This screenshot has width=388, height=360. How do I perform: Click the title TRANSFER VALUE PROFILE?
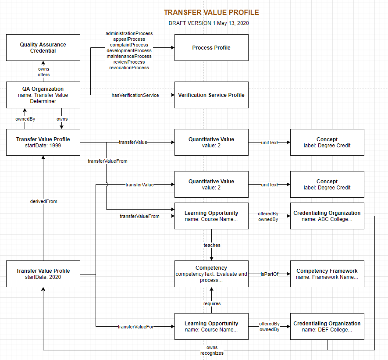pyautogui.click(x=211, y=12)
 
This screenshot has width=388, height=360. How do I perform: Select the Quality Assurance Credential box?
pyautogui.click(x=43, y=48)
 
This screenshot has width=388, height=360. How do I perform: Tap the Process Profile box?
pyautogui.click(x=211, y=48)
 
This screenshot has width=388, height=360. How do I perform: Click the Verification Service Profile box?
pyautogui.click(x=211, y=95)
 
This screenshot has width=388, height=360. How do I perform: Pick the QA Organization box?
pyautogui.click(x=43, y=95)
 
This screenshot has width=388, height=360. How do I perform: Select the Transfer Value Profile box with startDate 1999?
pyautogui.click(x=43, y=142)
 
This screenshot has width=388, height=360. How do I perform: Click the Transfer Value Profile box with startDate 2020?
pyautogui.click(x=43, y=274)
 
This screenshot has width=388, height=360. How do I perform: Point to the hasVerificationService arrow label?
pyautogui.click(x=135, y=95)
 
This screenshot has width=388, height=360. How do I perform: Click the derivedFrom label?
pyautogui.click(x=43, y=201)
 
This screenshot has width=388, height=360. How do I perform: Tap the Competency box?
pyautogui.click(x=211, y=274)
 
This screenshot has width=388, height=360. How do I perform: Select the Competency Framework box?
pyautogui.click(x=327, y=274)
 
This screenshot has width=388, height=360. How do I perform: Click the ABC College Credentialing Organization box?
pyautogui.click(x=327, y=216)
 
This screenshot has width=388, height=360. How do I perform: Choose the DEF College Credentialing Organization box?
pyautogui.click(x=327, y=326)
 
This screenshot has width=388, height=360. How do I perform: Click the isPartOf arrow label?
pyautogui.click(x=270, y=274)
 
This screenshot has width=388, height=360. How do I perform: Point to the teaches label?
pyautogui.click(x=212, y=245)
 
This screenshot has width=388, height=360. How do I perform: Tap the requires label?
pyautogui.click(x=212, y=303)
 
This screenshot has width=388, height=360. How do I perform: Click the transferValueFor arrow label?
pyautogui.click(x=135, y=327)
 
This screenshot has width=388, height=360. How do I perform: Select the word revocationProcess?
pyautogui.click(x=128, y=68)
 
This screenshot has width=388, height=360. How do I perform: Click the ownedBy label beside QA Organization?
pyautogui.click(x=25, y=119)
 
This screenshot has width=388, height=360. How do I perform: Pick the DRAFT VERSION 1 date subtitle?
pyautogui.click(x=209, y=23)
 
